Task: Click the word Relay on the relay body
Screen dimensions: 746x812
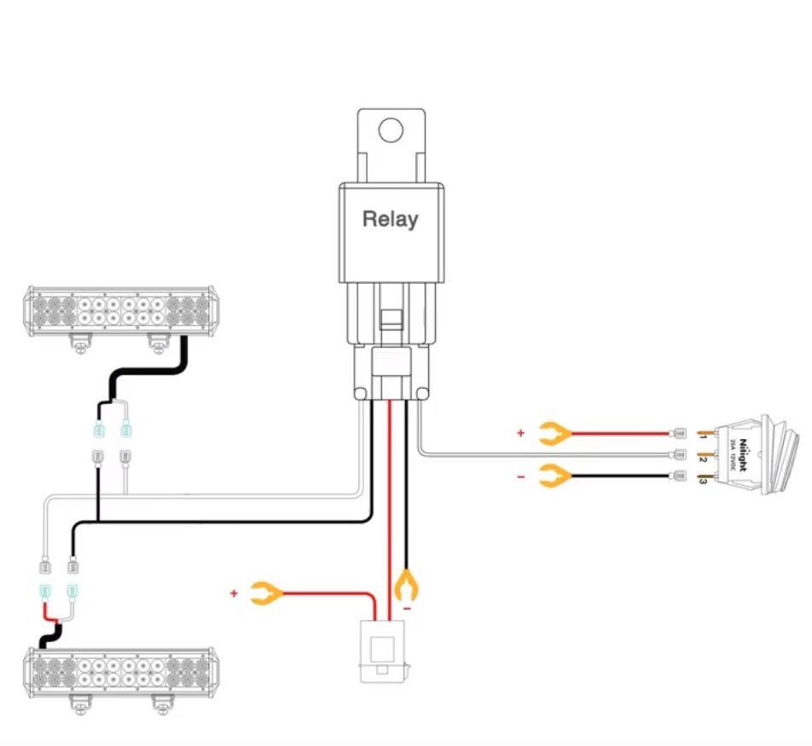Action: pos(391,219)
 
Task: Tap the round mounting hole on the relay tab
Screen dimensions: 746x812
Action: pos(391,130)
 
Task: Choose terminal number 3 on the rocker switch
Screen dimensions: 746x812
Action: pos(703,481)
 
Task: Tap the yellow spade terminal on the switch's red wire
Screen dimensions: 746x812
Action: pos(555,434)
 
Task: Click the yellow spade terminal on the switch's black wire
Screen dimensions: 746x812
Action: pos(555,476)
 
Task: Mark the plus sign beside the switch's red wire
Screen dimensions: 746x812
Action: pos(520,433)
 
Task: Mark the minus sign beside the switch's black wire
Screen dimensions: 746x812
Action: pos(520,477)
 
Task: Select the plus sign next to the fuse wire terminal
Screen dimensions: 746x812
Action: pos(233,592)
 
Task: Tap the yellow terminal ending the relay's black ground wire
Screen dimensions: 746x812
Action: pos(407,587)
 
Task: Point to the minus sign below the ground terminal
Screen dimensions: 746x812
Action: pos(407,609)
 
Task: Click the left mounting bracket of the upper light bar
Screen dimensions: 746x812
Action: pos(80,343)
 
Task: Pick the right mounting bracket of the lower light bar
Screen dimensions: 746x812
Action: pos(161,704)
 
